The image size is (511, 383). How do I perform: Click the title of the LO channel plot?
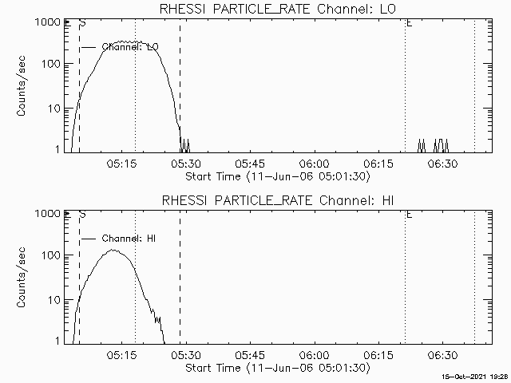click(x=277, y=9)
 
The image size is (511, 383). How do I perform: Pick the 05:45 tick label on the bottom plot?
click(x=249, y=354)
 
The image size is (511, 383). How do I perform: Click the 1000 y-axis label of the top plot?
click(x=46, y=22)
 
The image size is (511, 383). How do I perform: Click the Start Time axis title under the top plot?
click(x=276, y=176)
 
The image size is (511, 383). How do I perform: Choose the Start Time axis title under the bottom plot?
click(x=276, y=368)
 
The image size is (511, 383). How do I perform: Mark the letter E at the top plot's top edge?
click(x=409, y=23)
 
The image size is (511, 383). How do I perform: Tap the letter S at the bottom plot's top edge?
click(x=82, y=215)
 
